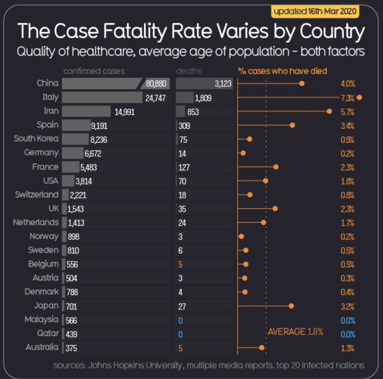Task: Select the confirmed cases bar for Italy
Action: (102, 97)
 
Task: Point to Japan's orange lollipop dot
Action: (291, 306)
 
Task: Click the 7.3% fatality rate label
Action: (348, 97)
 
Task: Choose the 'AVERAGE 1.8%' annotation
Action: (295, 332)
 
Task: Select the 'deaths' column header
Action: (189, 72)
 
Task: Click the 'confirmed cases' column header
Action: (94, 72)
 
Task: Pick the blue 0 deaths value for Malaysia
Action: (180, 320)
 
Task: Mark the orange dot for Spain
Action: (292, 125)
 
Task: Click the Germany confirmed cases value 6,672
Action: (92, 153)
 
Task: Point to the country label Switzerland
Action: (35, 195)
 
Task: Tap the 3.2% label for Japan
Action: (348, 307)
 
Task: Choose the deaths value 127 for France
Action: (183, 167)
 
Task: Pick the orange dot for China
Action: (302, 83)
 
